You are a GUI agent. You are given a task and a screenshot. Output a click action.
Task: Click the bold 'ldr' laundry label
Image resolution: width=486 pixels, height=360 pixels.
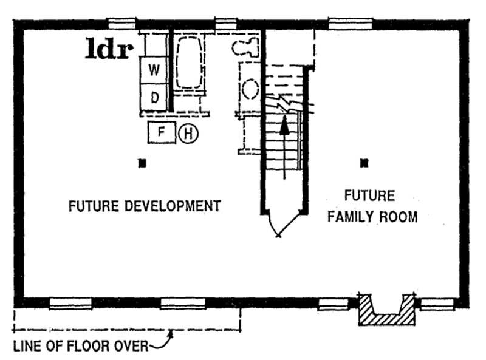click(x=108, y=49)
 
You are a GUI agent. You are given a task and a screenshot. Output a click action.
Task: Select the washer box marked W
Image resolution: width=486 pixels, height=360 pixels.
click(x=154, y=70)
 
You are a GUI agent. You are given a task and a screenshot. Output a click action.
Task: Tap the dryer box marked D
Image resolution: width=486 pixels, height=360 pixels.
click(x=154, y=97)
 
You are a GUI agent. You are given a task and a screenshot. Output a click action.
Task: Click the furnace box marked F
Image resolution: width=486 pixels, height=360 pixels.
click(x=161, y=131)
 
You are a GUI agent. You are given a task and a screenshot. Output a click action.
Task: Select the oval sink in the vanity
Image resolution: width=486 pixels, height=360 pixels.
click(x=250, y=89)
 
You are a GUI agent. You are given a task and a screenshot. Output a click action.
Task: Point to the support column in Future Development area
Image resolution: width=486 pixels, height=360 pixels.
click(x=142, y=163)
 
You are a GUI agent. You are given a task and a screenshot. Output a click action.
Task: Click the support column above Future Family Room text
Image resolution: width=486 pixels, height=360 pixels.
click(x=364, y=162)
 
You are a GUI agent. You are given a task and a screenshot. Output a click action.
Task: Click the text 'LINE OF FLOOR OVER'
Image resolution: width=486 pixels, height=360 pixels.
click(x=80, y=347)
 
